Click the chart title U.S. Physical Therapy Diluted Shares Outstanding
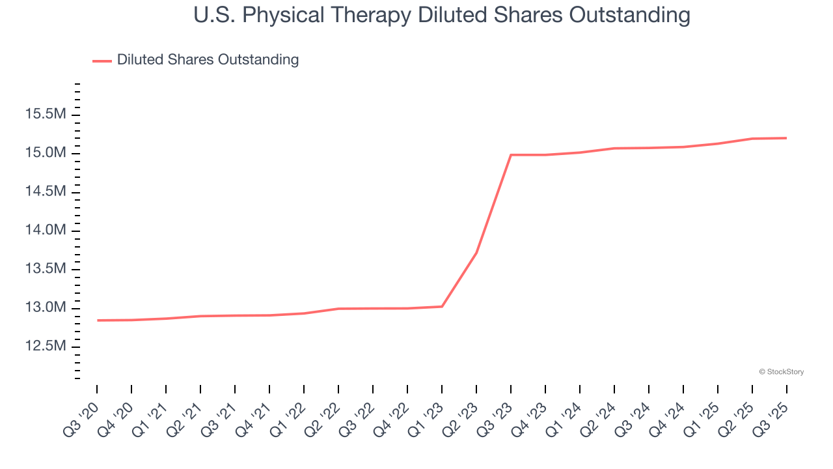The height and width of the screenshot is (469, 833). coord(442,15)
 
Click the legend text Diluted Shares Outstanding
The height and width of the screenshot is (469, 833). coord(208,60)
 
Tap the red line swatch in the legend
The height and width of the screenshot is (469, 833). coord(102,61)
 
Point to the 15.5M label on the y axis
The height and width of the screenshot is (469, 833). coord(46,115)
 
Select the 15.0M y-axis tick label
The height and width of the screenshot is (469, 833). coord(46,153)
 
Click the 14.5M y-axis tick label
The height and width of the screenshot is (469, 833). coord(46,192)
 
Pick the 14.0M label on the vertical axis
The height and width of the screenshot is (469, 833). coord(46,230)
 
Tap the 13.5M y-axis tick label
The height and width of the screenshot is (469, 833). coord(46,269)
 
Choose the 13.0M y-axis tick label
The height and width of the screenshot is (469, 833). coord(46,307)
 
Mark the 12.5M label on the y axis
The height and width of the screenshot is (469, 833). coord(46,346)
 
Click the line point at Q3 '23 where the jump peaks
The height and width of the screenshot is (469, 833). coord(511,155)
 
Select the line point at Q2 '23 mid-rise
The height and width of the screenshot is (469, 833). coord(476,253)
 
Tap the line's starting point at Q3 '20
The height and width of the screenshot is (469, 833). coord(98,320)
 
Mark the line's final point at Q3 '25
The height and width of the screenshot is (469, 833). coord(786,138)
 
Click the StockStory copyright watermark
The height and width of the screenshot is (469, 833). coord(781,372)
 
